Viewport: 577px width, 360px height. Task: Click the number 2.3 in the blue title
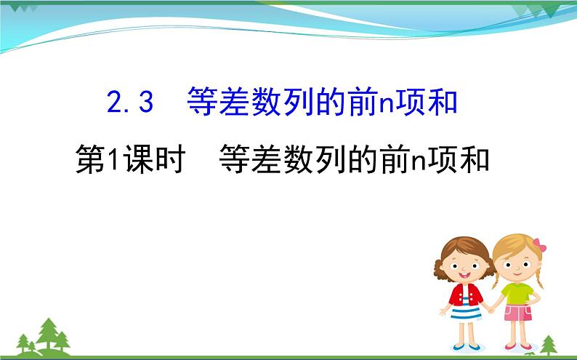tap(131, 103)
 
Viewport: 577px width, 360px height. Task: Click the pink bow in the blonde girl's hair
tap(538, 245)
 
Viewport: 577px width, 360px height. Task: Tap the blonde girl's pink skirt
tap(517, 313)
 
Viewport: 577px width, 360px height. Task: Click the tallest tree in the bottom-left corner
tap(49, 332)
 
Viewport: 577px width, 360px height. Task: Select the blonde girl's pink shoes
tap(517, 345)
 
